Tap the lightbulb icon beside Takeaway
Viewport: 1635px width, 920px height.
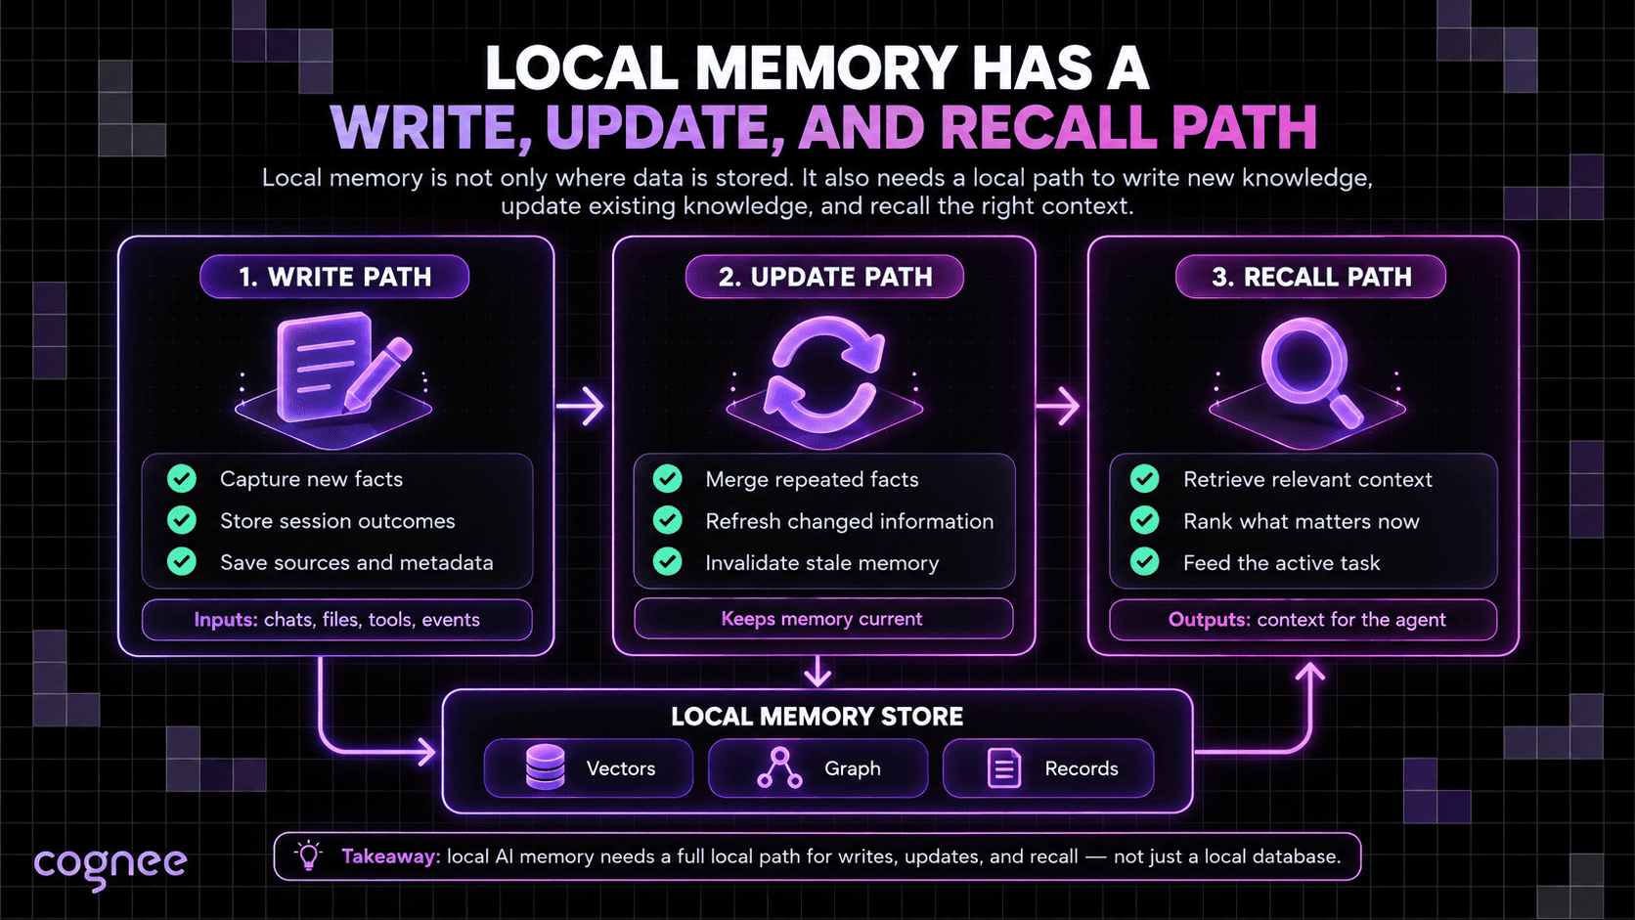point(308,855)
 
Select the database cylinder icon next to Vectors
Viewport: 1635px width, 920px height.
point(546,767)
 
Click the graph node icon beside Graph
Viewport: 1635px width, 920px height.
point(779,767)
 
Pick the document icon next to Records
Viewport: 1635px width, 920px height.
point(1004,768)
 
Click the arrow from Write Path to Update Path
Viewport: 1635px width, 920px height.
point(580,407)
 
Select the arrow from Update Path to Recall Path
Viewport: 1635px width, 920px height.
point(1058,407)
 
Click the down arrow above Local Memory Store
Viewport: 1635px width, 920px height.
point(817,672)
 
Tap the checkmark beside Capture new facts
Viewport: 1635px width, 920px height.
point(182,479)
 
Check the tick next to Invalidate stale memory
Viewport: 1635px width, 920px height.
point(667,562)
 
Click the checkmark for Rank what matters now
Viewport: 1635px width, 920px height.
point(1144,520)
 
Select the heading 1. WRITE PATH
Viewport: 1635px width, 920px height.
point(335,278)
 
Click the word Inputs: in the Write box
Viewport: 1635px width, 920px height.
point(226,620)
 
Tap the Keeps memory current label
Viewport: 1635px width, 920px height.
point(821,619)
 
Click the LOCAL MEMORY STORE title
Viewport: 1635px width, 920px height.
point(817,717)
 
